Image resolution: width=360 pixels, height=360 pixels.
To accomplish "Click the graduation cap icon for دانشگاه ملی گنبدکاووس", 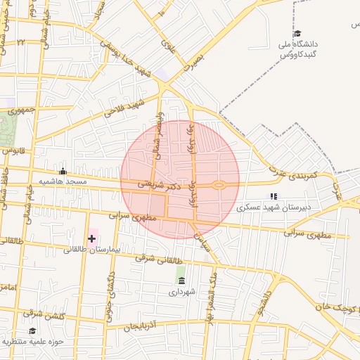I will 297,34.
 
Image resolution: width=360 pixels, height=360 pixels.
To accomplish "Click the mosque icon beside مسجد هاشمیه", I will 63,171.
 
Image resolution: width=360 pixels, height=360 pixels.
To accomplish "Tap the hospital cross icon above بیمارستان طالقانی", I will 91,239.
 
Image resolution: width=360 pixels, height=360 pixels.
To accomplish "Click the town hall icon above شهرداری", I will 181,280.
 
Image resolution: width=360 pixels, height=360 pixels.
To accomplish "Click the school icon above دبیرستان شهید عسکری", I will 274,197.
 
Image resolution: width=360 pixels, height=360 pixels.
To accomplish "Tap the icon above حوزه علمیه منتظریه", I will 32,330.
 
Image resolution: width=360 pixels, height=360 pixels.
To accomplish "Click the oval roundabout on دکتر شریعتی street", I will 219,186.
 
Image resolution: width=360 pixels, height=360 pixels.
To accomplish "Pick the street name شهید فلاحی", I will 124,108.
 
